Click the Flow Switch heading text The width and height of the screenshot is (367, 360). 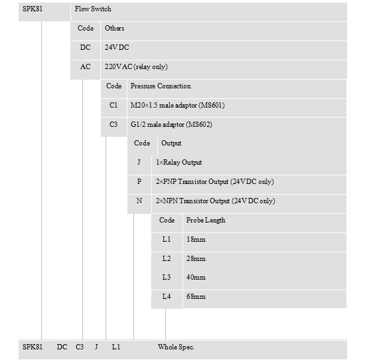93,9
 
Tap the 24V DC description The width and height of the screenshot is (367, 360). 117,48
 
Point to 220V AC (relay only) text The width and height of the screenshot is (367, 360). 136,67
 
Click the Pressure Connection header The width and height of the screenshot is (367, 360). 161,86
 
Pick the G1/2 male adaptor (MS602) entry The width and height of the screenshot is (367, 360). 171,125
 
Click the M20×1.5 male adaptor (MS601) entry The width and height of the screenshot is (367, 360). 177,106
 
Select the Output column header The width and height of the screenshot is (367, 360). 171,143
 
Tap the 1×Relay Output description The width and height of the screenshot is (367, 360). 179,163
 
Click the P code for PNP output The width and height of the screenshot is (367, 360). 139,181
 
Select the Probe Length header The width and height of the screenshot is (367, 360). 206,220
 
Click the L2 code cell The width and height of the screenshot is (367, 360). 167,258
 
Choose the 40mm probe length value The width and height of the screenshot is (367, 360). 196,278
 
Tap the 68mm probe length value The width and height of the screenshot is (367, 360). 196,296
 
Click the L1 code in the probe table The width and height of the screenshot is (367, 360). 167,239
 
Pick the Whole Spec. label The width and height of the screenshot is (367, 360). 176,347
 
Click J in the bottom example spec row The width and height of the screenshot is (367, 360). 96,347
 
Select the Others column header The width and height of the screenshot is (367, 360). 114,29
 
